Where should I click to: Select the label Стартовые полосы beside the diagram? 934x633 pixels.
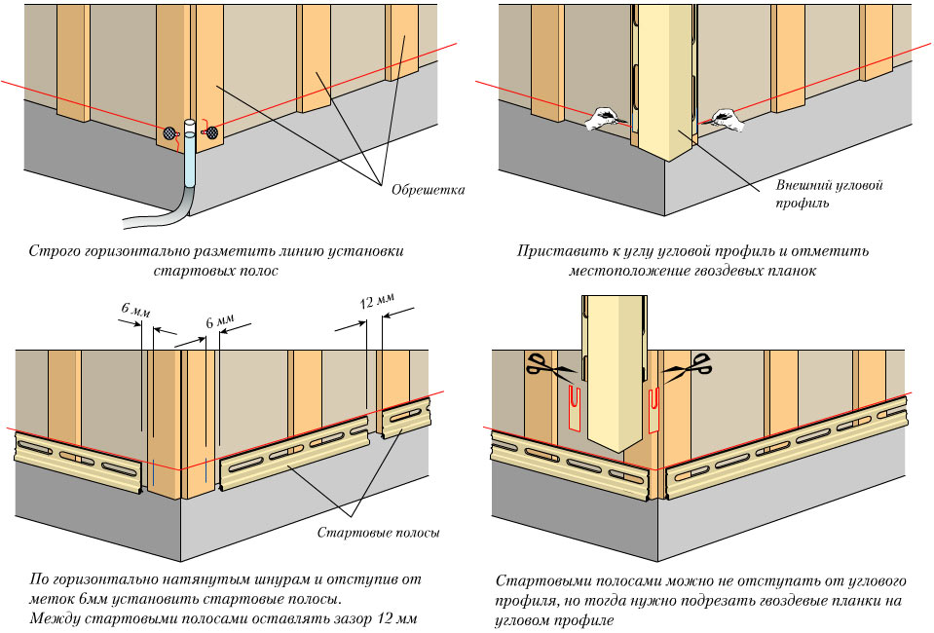pos(379,533)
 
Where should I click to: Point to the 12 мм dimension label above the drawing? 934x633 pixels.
pos(376,301)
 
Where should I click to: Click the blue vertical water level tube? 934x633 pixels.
pos(189,156)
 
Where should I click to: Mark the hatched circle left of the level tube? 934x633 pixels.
pos(169,132)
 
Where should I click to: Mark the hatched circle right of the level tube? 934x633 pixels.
pos(209,132)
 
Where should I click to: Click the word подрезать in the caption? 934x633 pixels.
pos(729,600)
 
